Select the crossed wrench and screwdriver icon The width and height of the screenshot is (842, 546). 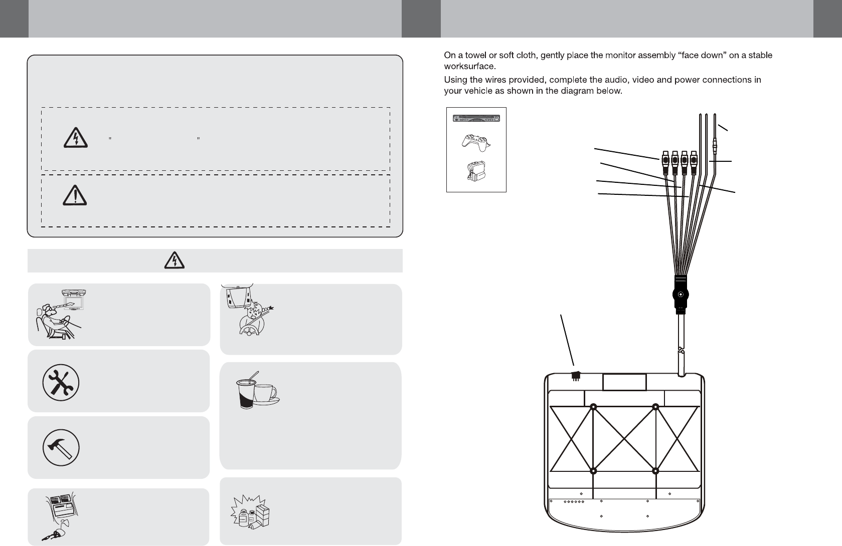pyautogui.click(x=60, y=382)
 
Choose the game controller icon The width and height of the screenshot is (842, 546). pyautogui.click(x=476, y=142)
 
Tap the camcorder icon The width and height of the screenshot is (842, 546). pyautogui.click(x=476, y=172)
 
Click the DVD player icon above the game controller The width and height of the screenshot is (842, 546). pyautogui.click(x=476, y=118)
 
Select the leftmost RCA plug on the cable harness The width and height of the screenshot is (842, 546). pyautogui.click(x=665, y=161)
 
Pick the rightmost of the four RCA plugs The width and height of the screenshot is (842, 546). pyautogui.click(x=694, y=161)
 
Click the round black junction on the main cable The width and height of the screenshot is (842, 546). pyautogui.click(x=680, y=295)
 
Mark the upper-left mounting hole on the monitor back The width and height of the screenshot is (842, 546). pyautogui.click(x=593, y=407)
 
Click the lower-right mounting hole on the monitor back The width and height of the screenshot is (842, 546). pyautogui.click(x=655, y=471)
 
